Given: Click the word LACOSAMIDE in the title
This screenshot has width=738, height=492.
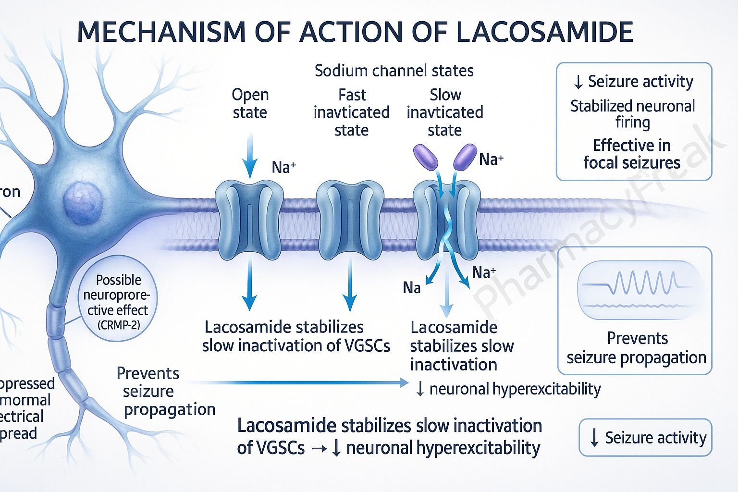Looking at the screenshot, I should (x=543, y=32).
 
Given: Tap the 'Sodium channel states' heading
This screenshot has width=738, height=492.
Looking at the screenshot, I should (x=394, y=71).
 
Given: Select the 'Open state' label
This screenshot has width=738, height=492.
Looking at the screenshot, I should (x=250, y=103).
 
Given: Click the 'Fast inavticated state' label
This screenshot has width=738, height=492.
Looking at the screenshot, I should (x=351, y=112).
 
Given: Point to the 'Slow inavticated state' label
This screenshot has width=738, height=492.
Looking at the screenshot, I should (x=445, y=112).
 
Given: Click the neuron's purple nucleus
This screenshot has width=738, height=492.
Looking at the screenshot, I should (x=83, y=200).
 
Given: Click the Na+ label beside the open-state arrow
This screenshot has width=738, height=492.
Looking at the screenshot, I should (x=283, y=167).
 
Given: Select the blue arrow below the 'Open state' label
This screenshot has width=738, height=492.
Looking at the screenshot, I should (x=249, y=156).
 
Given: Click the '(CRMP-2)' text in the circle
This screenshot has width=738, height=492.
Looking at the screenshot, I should (x=119, y=325).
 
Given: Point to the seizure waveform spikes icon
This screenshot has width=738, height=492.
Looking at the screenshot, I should (x=635, y=283).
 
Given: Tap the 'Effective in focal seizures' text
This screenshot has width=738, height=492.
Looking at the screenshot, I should (x=632, y=154).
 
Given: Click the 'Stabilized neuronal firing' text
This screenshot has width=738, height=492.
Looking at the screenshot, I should (x=632, y=113).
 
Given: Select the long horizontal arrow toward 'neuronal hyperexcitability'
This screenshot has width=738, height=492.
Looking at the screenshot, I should (x=298, y=382).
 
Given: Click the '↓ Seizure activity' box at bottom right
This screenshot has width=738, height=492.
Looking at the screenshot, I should (x=645, y=438).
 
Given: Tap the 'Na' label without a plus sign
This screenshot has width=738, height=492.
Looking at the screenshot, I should (x=412, y=288).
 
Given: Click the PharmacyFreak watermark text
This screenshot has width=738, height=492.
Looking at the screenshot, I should (x=596, y=226).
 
